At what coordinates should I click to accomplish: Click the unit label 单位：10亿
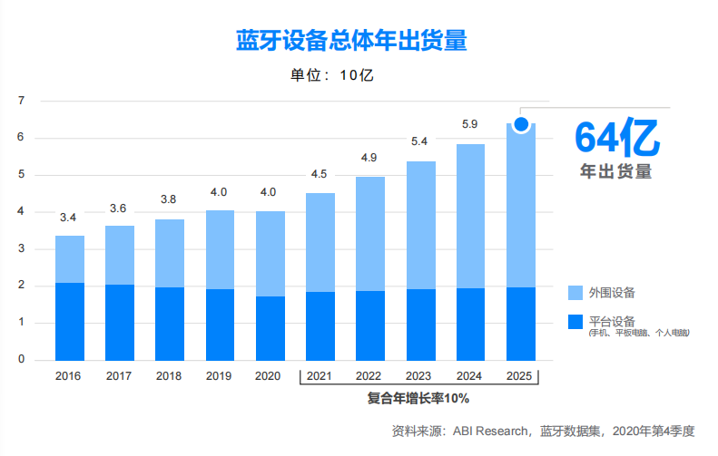coord(331,74)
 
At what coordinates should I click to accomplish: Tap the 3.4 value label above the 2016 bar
coord(68,218)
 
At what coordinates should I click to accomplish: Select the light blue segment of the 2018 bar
coord(170,253)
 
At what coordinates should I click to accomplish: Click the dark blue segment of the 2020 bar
coord(270,328)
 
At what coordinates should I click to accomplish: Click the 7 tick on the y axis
coord(21,101)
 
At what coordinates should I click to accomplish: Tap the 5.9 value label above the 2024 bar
coord(470,124)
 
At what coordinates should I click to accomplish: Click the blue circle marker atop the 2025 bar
coord(521,124)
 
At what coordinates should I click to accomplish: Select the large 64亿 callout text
coord(616,138)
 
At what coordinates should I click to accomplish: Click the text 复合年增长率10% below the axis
coord(418,397)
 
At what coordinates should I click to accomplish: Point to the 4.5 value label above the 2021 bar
coord(320,174)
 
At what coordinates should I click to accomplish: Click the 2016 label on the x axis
coord(69,375)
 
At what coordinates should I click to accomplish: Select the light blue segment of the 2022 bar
coord(370,234)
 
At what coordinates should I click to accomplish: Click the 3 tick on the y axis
coord(21,249)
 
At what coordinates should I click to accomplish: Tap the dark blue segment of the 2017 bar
coord(119,323)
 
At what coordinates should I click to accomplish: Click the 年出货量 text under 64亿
coord(616,170)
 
